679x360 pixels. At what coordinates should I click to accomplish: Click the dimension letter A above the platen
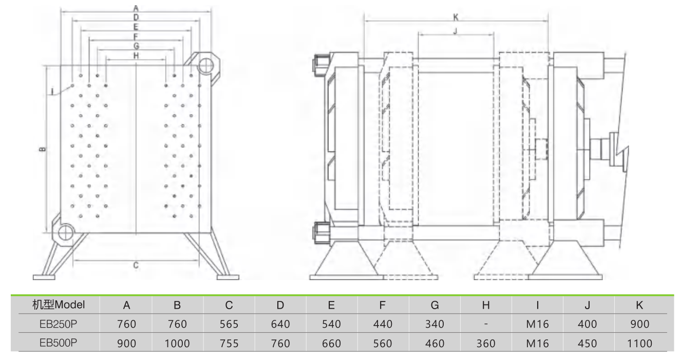[136, 8]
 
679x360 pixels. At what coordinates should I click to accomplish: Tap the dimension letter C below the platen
[136, 266]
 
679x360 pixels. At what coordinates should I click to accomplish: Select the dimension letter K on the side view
[456, 17]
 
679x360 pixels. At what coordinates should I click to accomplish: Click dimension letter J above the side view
[456, 31]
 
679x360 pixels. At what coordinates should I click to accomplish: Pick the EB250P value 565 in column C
[229, 324]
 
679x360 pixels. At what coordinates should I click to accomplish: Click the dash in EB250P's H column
[485, 325]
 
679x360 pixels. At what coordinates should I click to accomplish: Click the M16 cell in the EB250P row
[537, 324]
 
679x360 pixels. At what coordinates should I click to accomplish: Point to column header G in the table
[435, 305]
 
